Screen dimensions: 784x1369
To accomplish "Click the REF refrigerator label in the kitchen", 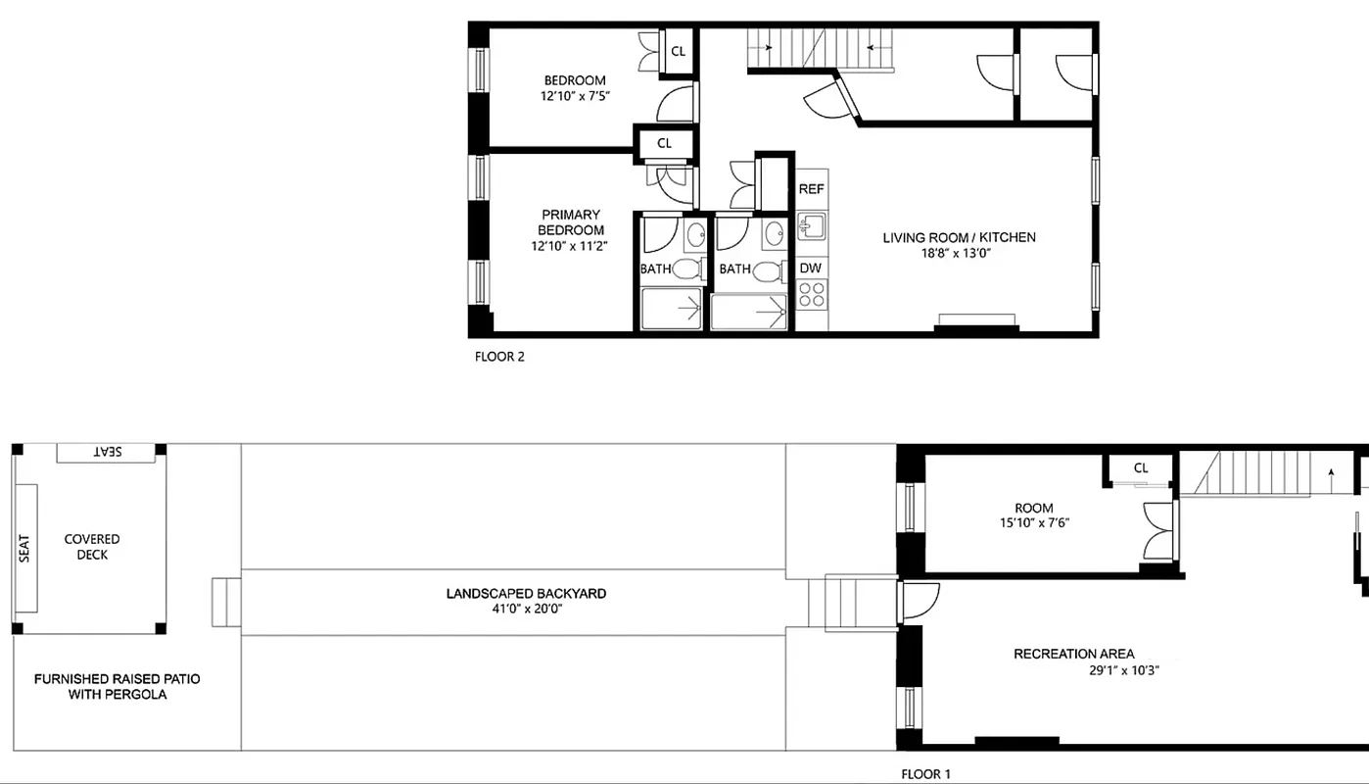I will point(811,189).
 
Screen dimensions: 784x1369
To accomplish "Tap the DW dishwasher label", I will point(810,268).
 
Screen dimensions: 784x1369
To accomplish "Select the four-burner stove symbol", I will point(811,294).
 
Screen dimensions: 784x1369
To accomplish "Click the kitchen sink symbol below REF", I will point(810,227).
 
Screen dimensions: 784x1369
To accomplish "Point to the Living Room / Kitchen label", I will point(959,237).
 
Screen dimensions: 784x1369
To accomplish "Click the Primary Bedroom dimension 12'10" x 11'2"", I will point(569,246).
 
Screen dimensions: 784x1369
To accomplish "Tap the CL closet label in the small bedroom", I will point(678,51).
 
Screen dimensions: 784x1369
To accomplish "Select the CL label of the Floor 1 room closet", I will point(1141,467).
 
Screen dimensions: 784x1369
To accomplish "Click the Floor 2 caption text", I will point(499,357).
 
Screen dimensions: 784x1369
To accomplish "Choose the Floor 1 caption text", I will point(925,774).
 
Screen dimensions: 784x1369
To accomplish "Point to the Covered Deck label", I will point(92,547).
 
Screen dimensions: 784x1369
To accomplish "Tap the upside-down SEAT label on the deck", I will point(107,452).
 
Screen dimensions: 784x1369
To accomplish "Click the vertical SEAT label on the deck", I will point(24,547).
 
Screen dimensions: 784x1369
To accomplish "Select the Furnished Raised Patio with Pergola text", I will point(118,686).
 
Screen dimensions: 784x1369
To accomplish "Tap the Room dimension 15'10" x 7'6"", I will point(1034,522).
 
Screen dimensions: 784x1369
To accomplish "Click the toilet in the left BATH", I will point(687,269).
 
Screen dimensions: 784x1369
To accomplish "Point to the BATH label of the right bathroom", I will point(734,269).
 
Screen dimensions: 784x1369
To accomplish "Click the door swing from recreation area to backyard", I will point(919,601).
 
